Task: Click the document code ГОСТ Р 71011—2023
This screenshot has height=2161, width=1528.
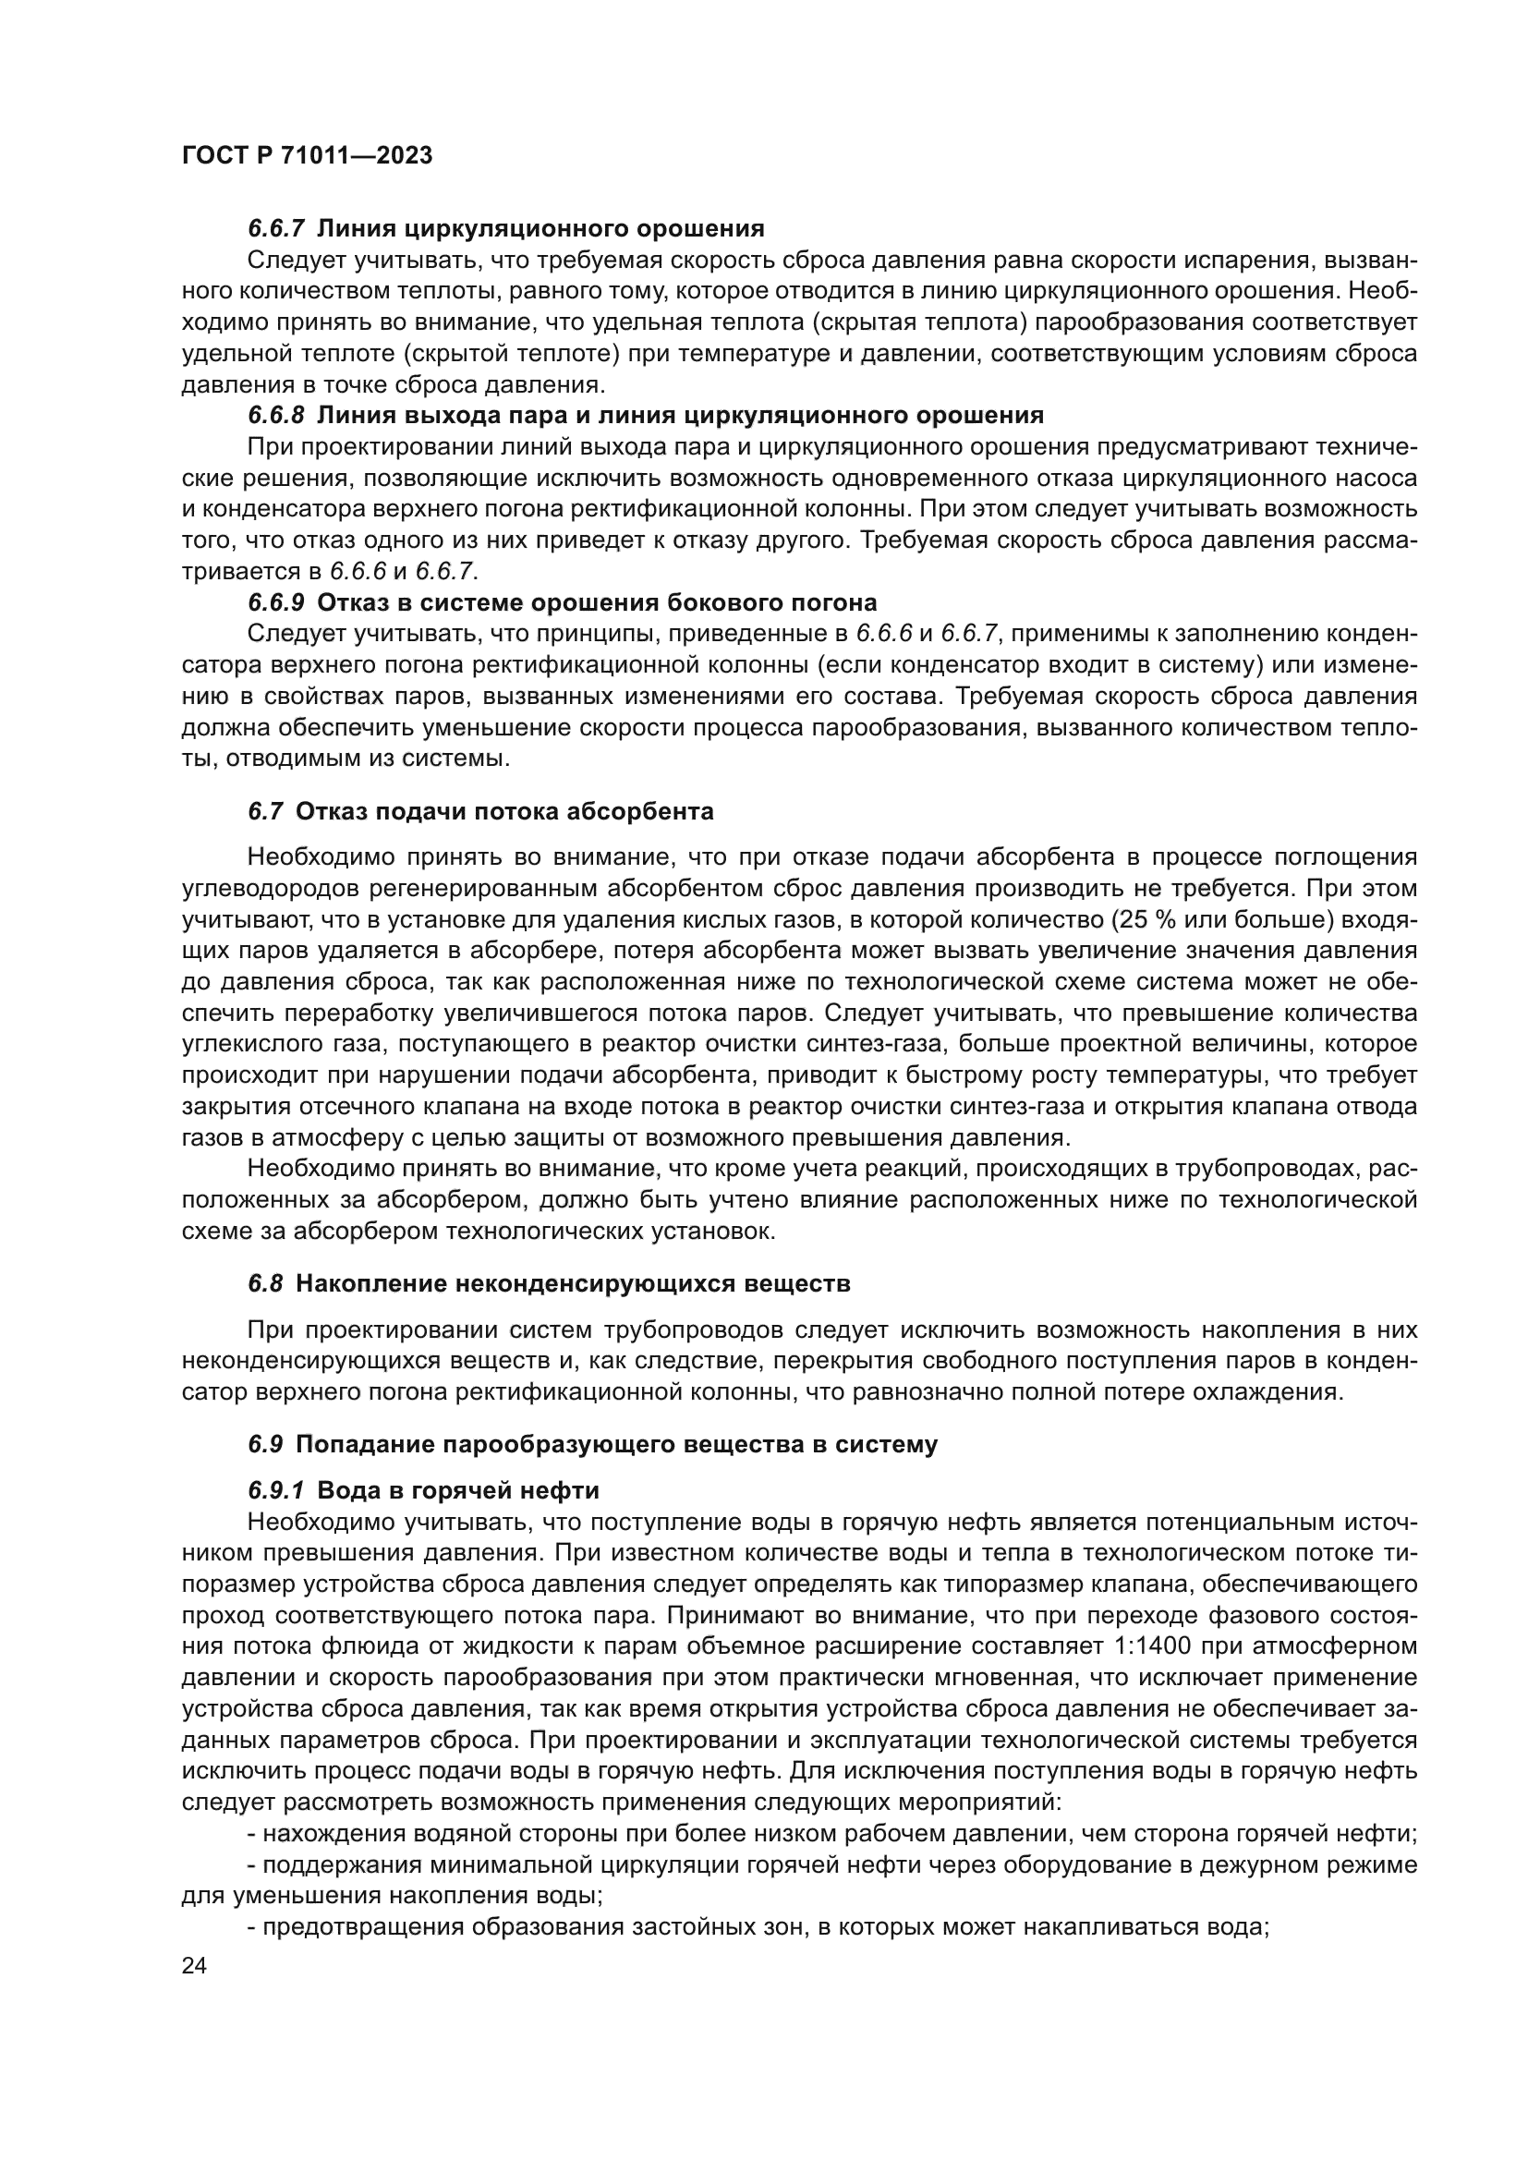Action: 307,156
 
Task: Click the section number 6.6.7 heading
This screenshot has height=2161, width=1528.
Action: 276,229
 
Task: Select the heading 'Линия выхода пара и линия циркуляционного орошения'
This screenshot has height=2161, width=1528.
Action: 680,415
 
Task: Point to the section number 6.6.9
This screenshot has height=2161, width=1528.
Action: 276,602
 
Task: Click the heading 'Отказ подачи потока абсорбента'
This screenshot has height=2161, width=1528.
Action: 504,811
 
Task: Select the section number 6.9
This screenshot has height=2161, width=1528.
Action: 265,1445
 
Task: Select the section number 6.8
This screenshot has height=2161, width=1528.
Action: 265,1284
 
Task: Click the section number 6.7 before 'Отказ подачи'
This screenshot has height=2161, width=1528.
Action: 265,811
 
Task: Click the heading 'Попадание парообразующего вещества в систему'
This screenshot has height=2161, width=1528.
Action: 616,1445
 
